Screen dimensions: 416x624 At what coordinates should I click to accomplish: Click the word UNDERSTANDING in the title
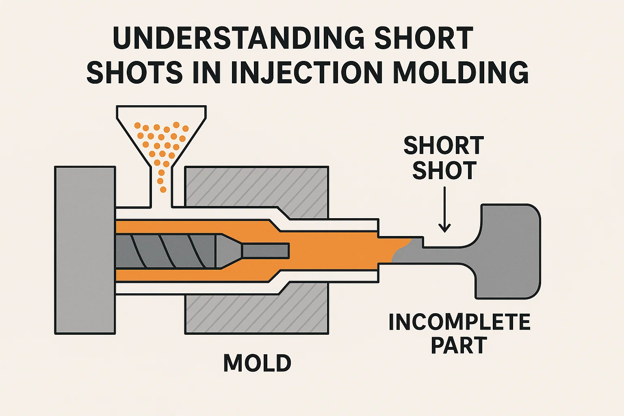[x=240, y=38]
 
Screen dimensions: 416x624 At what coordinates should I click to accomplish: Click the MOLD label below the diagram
[x=257, y=363]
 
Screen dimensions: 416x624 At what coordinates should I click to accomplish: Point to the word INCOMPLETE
[x=459, y=322]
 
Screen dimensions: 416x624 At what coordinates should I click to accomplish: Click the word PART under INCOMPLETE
[x=459, y=346]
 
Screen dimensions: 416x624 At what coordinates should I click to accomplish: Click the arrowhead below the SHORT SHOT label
[x=444, y=228]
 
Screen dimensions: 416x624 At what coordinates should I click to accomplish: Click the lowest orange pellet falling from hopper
[x=163, y=189]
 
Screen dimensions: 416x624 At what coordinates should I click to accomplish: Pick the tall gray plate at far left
[x=85, y=250]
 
